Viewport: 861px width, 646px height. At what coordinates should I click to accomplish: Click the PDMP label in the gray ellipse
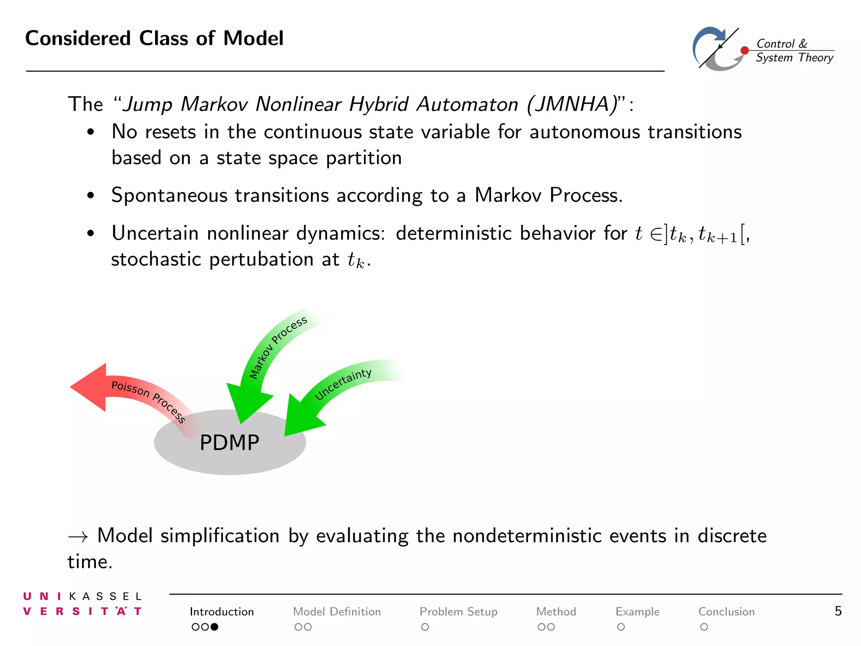229,443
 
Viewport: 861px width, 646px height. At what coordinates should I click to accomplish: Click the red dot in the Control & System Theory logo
745,50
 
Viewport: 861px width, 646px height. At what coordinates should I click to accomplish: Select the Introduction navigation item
222,612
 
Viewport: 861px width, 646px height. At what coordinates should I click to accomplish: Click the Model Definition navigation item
337,612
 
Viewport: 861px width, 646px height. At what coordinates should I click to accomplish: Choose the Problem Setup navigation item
458,612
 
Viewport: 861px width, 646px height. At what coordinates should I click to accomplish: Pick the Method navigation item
556,612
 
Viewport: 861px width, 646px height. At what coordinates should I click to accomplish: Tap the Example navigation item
637,612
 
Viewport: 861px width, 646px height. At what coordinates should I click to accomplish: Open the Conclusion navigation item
726,612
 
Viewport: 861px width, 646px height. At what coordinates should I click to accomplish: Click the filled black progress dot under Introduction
214,627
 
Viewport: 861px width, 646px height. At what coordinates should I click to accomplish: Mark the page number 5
838,611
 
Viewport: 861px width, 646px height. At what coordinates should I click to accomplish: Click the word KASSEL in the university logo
106,596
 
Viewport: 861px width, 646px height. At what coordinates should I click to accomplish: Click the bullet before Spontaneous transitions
90,196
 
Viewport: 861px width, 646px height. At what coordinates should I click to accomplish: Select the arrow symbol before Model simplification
78,537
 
